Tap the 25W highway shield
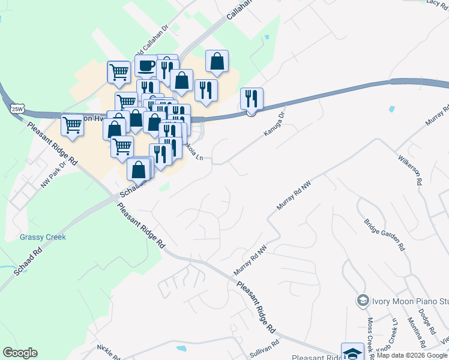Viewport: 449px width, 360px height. coord(17,109)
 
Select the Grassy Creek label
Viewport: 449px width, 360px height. coord(43,237)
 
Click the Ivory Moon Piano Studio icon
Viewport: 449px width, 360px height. coord(362,300)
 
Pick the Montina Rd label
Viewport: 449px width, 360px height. coord(415,333)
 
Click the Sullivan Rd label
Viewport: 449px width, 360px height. coord(265,349)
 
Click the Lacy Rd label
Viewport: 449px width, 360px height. coord(434,3)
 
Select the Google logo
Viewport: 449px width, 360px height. coord(20,353)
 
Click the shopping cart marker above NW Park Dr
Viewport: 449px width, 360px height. coord(72,125)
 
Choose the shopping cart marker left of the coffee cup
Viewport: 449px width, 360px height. coord(119,72)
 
